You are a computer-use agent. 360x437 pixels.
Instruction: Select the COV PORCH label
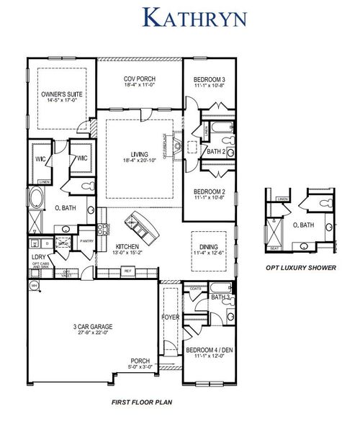tap(140, 79)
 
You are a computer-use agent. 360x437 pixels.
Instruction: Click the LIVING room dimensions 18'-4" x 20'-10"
tap(140, 159)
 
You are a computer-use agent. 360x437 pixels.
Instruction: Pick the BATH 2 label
tap(217, 152)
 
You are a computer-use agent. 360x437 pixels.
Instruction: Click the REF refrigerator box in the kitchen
tap(128, 271)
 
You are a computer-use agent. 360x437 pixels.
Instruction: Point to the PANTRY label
tap(87, 241)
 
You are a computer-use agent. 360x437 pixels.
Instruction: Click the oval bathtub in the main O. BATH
tap(37, 199)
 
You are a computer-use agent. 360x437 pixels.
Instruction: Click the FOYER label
tap(170, 315)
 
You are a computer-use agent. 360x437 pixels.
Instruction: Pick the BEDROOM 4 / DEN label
tap(208, 350)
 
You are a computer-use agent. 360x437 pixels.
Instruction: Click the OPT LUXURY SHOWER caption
tap(301, 267)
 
